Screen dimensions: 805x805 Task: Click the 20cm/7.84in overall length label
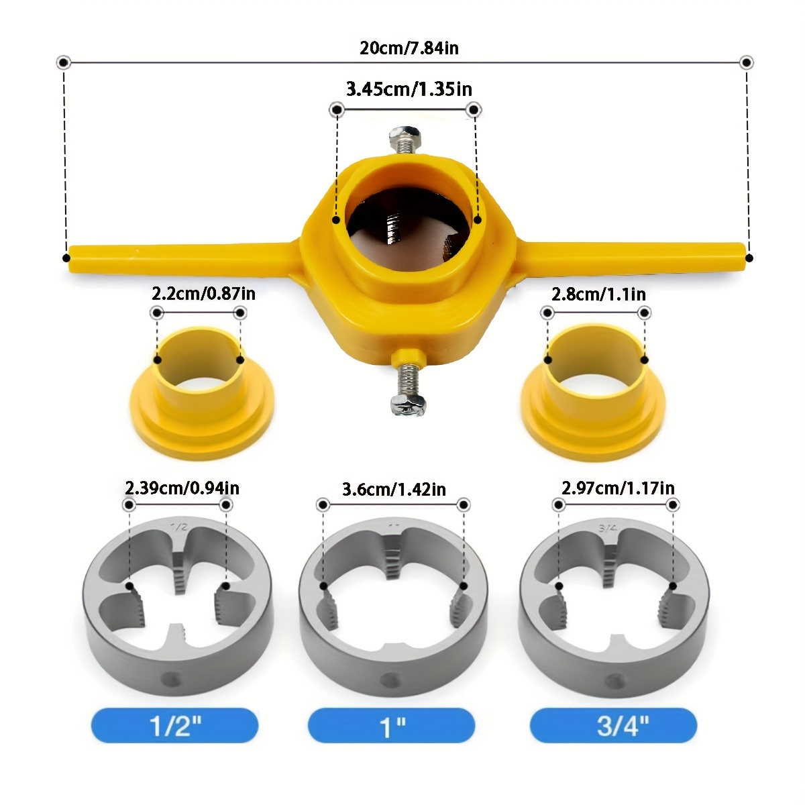point(409,48)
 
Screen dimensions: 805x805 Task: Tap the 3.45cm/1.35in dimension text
point(409,89)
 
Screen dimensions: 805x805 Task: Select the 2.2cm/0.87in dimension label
point(203,294)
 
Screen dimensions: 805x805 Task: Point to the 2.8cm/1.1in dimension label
point(598,294)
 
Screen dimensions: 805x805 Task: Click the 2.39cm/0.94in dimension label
point(182,488)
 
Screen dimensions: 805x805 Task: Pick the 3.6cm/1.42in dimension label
point(394,490)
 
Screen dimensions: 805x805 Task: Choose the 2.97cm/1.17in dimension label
point(618,488)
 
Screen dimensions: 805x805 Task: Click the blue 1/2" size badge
point(175,725)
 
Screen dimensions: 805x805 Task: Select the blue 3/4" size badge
point(613,725)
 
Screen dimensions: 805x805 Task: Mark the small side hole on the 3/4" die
point(612,681)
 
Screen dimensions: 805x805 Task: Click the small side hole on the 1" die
point(388,680)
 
